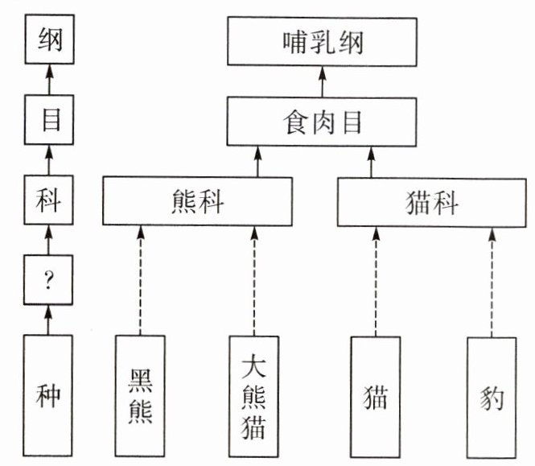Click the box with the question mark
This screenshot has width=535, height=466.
coord(48,278)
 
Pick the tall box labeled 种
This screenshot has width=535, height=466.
coord(48,394)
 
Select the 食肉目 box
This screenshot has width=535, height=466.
coord(323,122)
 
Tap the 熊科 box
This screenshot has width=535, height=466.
coord(198,202)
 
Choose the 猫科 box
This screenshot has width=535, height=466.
coord(432,202)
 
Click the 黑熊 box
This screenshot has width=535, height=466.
coord(140,394)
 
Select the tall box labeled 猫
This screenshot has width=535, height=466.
coord(375,394)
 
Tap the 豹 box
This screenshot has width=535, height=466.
coord(492,394)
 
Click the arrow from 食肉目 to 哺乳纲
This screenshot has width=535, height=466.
coord(323,82)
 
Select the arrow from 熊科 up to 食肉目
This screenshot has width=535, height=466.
coord(258,162)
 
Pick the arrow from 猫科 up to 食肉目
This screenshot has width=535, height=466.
coord(372,162)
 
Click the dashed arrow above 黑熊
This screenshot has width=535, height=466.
coord(140,280)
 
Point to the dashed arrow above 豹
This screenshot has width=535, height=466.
coord(492,280)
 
